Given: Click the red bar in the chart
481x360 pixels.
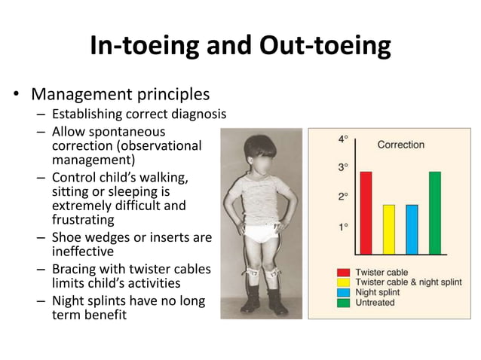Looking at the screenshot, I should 366,213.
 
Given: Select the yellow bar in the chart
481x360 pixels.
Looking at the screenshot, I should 388,230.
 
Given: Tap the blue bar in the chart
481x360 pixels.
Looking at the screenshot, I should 412,230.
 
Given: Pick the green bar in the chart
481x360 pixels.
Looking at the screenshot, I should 435,213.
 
